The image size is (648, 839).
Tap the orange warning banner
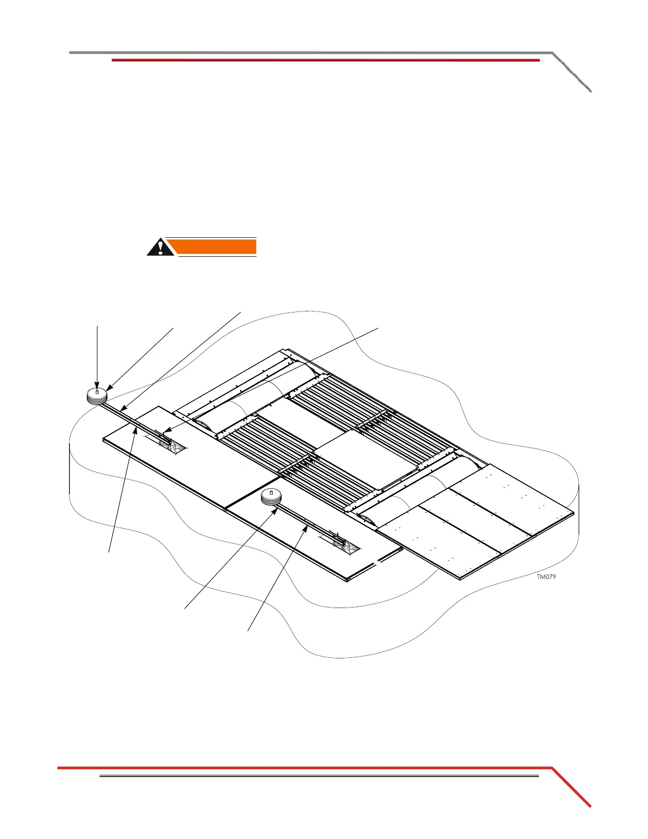tap(217, 247)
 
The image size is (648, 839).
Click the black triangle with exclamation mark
tap(160, 247)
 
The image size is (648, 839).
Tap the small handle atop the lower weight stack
tap(272, 493)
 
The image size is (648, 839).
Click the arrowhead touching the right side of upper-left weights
tap(109, 390)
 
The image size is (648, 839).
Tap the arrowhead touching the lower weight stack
tap(276, 508)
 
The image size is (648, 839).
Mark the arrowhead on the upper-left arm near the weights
tap(122, 409)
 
